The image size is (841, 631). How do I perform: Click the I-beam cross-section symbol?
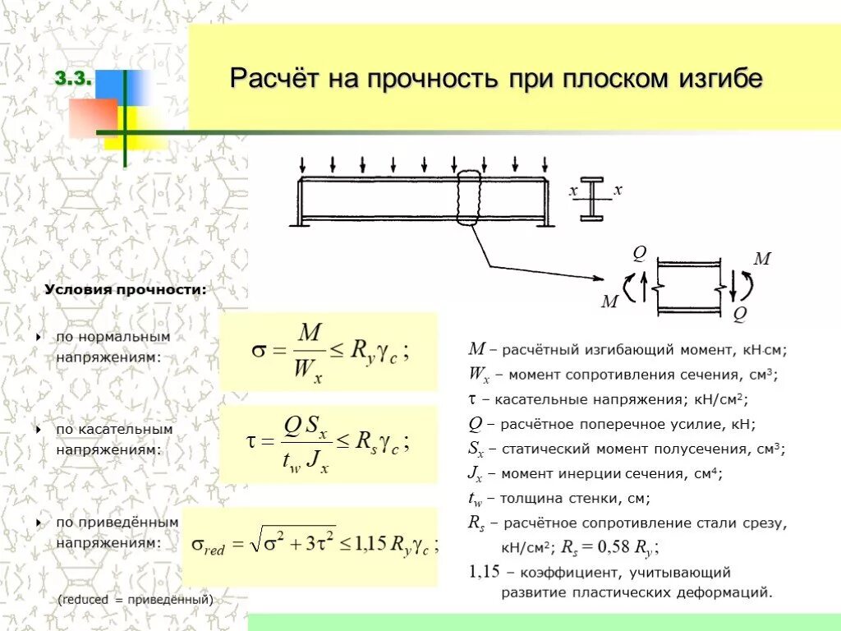[592, 198]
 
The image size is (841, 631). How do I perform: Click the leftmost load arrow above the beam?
[303, 164]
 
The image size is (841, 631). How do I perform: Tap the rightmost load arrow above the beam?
[544, 164]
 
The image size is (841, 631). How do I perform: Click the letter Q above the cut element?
[638, 252]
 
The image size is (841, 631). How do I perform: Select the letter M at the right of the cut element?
[761, 259]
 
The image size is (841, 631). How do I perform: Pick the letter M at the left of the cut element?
[609, 302]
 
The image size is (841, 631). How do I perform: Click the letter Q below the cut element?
[739, 313]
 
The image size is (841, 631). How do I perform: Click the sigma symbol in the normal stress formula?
[257, 351]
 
